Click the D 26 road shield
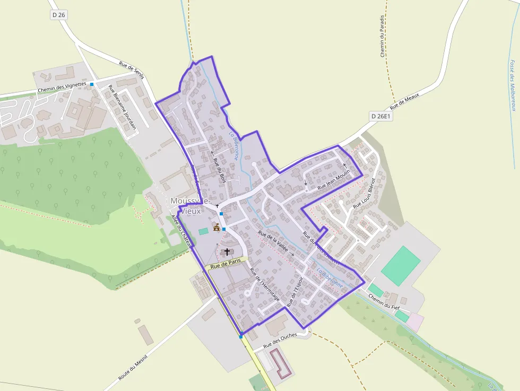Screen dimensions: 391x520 (59, 15)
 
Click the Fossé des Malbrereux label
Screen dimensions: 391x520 (513, 85)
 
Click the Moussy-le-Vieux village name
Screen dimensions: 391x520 (191, 206)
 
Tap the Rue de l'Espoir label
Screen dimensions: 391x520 (295, 291)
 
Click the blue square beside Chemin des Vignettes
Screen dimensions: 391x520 (92, 84)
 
